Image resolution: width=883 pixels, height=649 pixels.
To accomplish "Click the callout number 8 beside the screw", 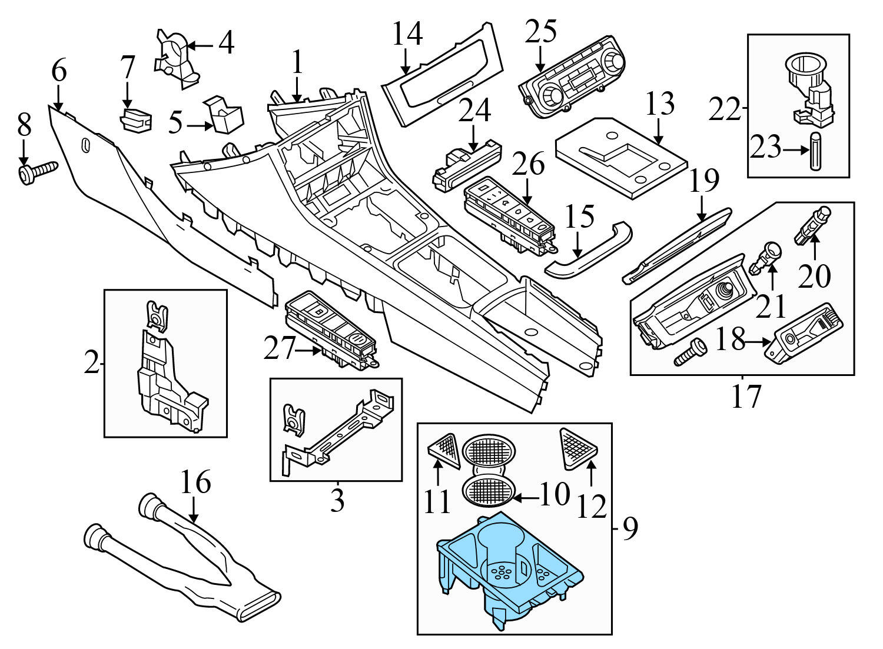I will point(24,125).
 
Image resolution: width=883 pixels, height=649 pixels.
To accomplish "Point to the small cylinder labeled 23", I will point(816,151).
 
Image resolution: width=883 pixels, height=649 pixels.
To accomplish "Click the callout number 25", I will point(541,32).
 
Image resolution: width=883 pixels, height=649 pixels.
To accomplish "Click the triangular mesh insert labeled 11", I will point(445,450).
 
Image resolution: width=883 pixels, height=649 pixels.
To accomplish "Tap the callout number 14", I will point(407,34).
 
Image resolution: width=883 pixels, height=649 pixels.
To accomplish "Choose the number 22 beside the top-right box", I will point(725,109).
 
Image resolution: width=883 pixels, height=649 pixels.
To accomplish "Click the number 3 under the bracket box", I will point(337,501).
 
